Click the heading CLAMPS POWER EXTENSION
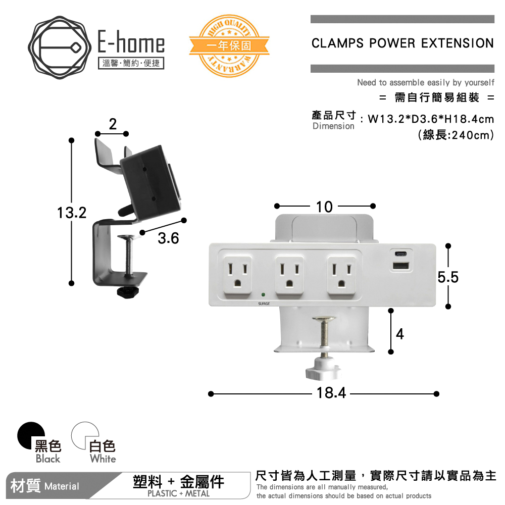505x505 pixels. [402, 43]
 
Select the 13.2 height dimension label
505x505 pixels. [71, 213]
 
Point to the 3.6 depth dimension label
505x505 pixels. [168, 238]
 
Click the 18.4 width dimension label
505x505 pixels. [331, 393]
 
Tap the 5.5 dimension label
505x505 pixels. [448, 277]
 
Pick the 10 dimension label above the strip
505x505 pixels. [324, 207]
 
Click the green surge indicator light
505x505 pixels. [264, 294]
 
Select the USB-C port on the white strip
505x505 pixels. [400, 254]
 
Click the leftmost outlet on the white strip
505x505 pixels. [236, 276]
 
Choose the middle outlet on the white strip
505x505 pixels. [288, 276]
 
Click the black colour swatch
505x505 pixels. [31, 435]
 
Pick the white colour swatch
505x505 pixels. [84, 435]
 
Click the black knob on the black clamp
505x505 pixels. [129, 292]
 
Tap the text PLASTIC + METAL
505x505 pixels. [178, 494]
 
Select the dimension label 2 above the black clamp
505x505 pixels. [112, 124]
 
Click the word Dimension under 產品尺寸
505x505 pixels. [333, 126]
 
